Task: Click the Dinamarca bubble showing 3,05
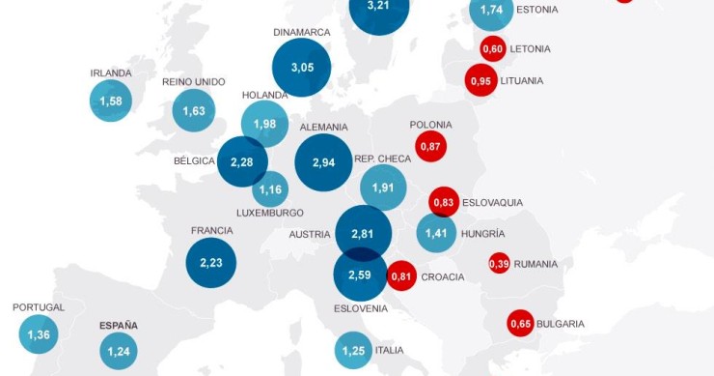pos(301,68)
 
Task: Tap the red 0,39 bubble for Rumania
pos(499,263)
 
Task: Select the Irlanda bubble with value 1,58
pos(110,101)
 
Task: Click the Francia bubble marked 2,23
pos(210,263)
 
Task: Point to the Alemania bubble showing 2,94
pos(323,162)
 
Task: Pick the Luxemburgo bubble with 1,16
pos(270,189)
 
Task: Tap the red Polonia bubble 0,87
pos(430,146)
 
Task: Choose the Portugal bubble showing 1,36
pos(39,333)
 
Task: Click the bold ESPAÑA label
pos(119,326)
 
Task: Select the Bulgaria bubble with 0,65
pos(521,324)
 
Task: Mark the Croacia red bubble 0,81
pos(402,276)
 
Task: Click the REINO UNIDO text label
pos(194,82)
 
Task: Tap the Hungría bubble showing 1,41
pos(437,233)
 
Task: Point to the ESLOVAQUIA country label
pos(492,202)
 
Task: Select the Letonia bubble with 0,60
pos(493,48)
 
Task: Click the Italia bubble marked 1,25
pos(352,350)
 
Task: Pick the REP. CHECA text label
pos(383,159)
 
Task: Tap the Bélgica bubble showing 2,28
pos(241,161)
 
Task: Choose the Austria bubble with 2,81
pos(363,234)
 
